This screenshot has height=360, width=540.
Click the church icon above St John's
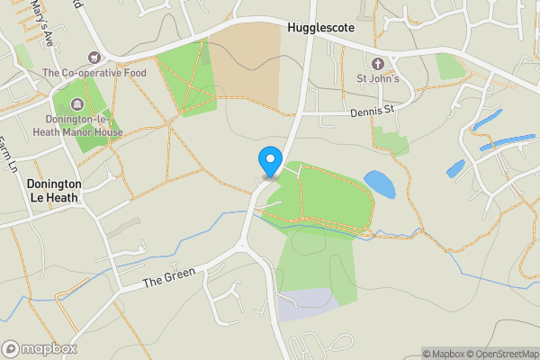377,64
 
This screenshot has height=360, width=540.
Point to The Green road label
166,281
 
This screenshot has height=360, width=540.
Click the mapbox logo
40,348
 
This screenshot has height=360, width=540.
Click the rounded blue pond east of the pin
379,184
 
